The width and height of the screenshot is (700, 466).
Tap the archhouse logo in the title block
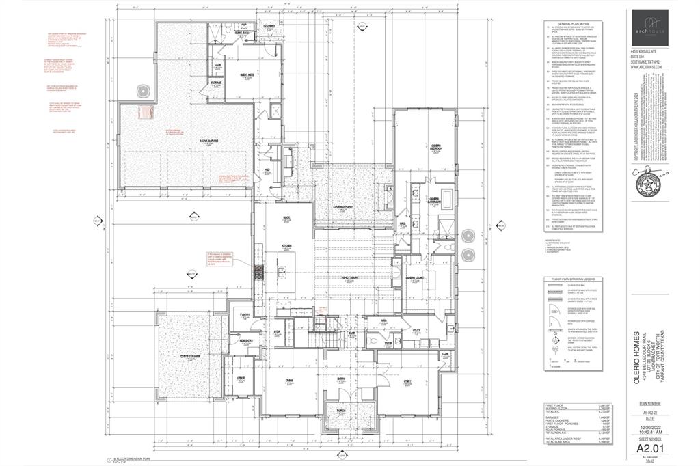tap(655, 27)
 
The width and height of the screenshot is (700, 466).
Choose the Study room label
tap(407, 381)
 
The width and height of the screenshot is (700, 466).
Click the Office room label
tap(241, 378)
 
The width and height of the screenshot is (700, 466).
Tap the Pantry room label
tap(243, 315)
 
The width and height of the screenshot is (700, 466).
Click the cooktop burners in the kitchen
tap(258, 273)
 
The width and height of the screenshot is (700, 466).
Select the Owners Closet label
tap(416, 278)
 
